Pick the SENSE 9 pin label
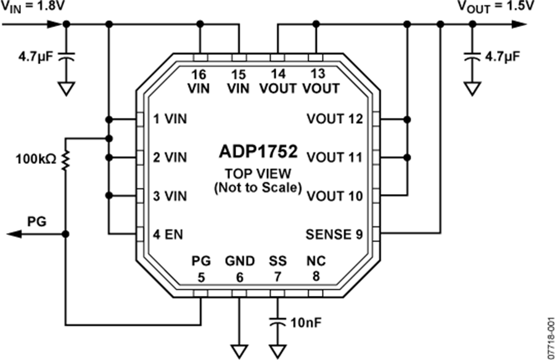click(x=334, y=234)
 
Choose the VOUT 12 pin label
click(x=334, y=118)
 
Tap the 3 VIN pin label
click(x=170, y=196)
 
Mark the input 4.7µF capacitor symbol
click(x=66, y=57)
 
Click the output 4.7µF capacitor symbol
click(x=472, y=57)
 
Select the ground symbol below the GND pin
click(x=239, y=351)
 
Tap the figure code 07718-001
click(x=549, y=336)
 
